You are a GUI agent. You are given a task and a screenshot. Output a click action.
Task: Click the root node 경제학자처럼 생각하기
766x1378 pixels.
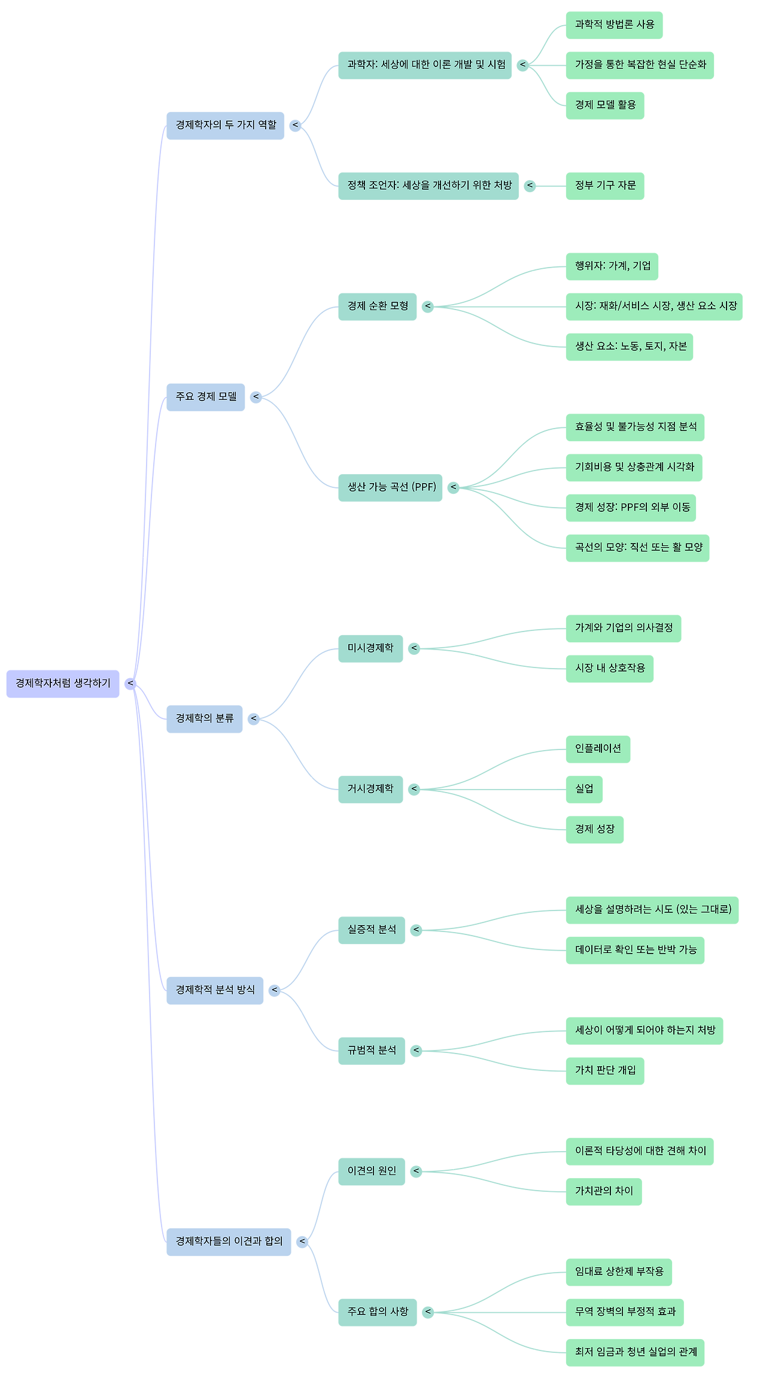point(63,683)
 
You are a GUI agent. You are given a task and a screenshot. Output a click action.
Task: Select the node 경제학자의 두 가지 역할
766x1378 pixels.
point(225,125)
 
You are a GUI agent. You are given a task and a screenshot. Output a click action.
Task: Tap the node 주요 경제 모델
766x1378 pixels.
point(205,397)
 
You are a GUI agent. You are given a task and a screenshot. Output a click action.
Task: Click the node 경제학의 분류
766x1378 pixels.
point(204,718)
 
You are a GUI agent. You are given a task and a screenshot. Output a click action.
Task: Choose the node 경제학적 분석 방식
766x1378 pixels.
point(214,990)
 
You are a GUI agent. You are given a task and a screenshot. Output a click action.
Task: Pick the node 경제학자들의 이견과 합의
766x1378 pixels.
point(228,1242)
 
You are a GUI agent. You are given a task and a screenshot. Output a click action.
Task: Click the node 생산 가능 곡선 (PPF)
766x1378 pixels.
point(390,487)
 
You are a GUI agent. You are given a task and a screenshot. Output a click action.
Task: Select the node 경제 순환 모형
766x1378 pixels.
point(377,306)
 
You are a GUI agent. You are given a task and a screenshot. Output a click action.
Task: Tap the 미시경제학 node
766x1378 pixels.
point(370,648)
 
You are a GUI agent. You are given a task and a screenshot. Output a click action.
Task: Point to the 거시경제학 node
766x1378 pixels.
point(370,789)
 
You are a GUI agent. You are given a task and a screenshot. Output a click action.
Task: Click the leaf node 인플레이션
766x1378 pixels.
point(598,749)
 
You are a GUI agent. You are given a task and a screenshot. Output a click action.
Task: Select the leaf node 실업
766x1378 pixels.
point(584,789)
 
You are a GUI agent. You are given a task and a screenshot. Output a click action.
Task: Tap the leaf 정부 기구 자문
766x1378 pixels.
point(605,186)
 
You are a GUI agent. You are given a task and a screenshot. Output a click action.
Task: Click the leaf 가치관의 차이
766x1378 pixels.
point(604,1191)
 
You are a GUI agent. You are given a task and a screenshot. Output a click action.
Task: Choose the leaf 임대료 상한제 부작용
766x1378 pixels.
point(619,1271)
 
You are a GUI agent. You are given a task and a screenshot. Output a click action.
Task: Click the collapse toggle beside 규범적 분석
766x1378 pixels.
point(416,1051)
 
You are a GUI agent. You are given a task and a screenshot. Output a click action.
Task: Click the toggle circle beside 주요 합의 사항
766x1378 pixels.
point(427,1312)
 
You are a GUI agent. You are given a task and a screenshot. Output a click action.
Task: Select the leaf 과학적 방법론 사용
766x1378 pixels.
point(614,25)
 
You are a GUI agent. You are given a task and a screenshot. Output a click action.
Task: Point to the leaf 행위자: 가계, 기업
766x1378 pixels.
point(612,266)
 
